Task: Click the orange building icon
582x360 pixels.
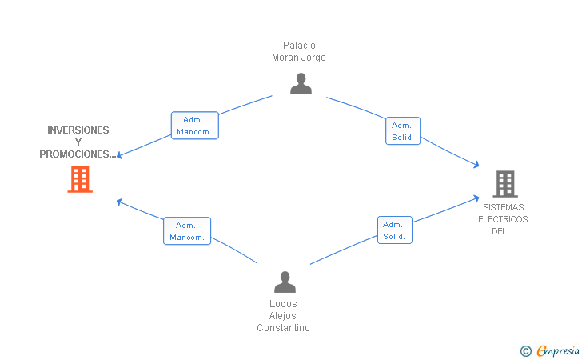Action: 80,179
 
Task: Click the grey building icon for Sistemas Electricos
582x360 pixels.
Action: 505,183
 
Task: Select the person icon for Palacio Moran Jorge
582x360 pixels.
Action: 301,83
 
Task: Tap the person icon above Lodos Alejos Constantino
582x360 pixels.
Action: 285,282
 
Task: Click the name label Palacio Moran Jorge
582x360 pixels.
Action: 299,51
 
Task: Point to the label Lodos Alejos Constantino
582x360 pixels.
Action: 283,316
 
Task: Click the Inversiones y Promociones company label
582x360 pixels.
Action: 78,142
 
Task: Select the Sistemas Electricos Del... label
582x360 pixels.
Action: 503,219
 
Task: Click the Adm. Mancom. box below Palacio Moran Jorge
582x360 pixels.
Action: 195,126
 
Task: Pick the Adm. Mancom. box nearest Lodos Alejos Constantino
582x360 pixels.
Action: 187,231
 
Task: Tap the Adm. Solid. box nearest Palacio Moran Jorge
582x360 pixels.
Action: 403,131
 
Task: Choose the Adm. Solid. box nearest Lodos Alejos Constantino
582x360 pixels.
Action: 395,230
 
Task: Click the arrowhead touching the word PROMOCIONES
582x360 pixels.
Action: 119,155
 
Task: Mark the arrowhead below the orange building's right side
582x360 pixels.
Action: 119,202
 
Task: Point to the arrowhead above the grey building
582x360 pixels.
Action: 476,165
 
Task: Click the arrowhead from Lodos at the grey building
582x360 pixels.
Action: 476,198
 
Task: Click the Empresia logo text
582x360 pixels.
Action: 558,350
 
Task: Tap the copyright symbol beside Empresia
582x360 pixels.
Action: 526,351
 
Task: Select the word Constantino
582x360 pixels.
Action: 283,328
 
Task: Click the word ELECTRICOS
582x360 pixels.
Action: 503,219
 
